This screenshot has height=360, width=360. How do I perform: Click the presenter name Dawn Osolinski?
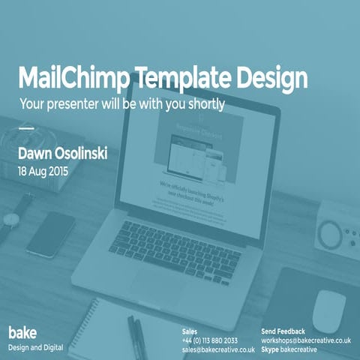click(x=63, y=153)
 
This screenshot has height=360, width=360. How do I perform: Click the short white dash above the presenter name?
click(x=25, y=128)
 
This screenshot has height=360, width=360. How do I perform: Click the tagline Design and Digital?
click(x=36, y=347)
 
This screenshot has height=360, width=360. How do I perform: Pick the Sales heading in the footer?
click(x=190, y=331)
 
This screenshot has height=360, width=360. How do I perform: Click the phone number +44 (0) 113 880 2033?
click(x=210, y=340)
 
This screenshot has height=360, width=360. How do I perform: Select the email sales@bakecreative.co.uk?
click(x=218, y=349)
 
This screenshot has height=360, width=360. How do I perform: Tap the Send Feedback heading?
click(x=283, y=331)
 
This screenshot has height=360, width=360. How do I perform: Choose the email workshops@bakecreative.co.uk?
click(x=306, y=340)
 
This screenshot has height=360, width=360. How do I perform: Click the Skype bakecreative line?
click(x=289, y=349)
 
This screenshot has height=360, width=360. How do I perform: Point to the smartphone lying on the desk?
click(x=51, y=233)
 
